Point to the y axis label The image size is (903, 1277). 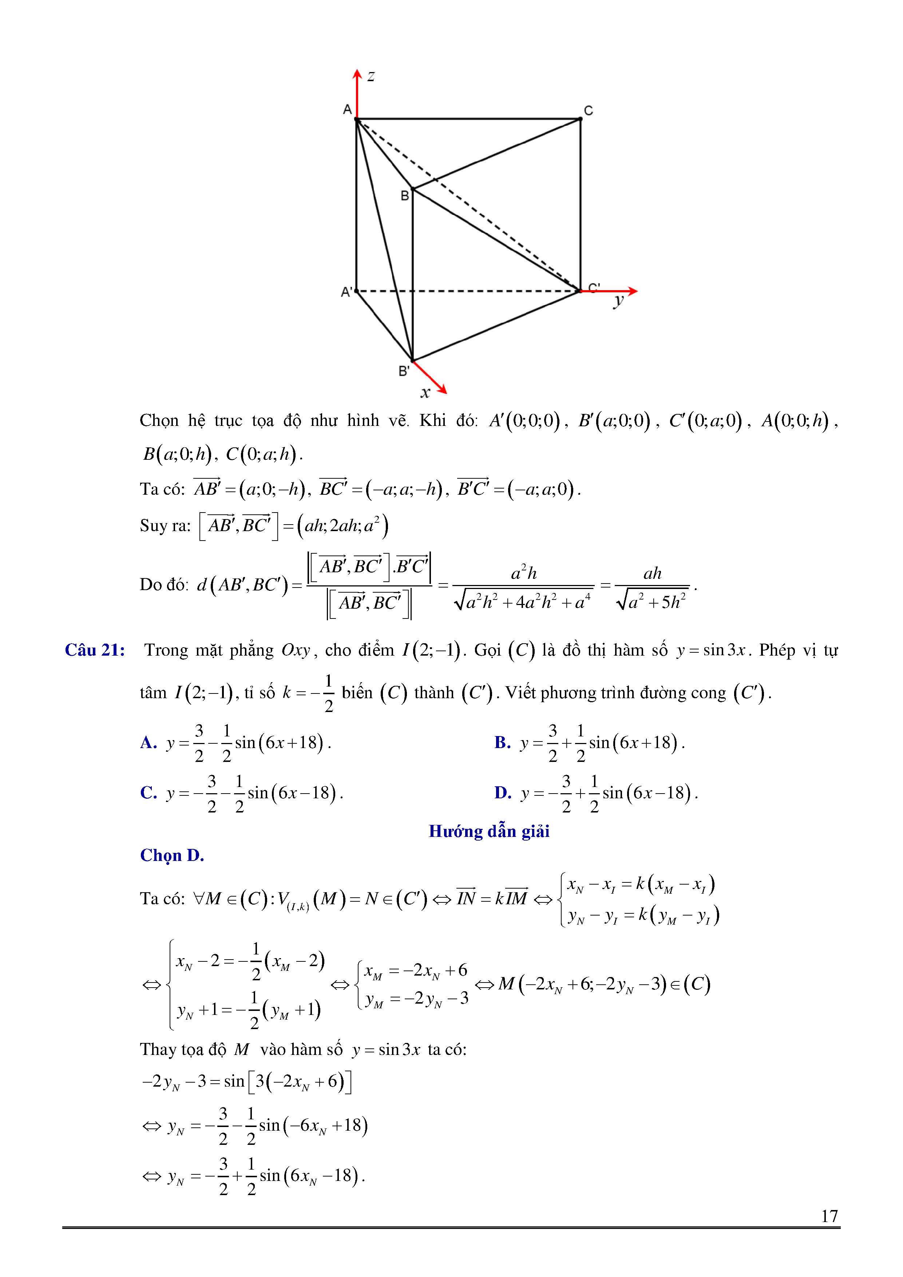coord(618,301)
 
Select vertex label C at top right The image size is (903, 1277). coord(588,111)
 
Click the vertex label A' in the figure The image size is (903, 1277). coord(346,292)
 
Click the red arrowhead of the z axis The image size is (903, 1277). coord(357,74)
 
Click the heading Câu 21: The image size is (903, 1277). coord(95,650)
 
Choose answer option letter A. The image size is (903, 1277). coord(148,743)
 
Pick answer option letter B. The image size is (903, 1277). coord(502,743)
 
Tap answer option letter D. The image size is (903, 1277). coord(503,792)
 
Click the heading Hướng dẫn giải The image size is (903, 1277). coord(489,831)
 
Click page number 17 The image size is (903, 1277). coord(829,1216)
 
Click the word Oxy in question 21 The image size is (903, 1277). coord(295,650)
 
